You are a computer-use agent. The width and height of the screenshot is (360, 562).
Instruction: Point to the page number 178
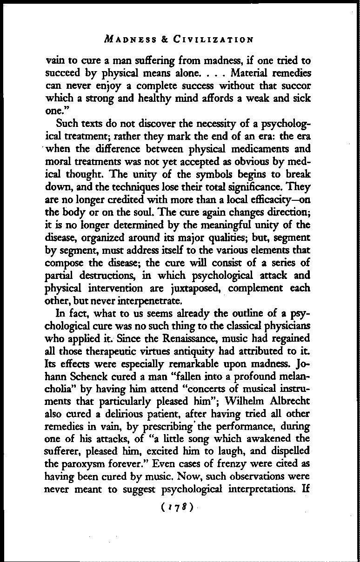(x=180, y=504)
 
